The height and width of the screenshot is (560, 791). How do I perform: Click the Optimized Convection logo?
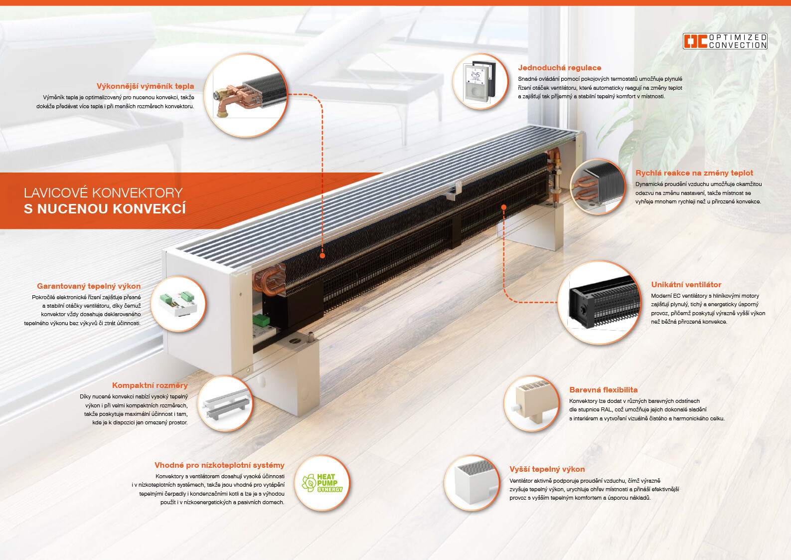(725, 41)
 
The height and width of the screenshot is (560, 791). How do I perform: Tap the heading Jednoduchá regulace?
(559, 68)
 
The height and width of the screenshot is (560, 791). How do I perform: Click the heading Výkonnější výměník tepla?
(145, 86)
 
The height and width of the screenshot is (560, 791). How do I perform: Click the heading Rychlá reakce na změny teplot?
(694, 173)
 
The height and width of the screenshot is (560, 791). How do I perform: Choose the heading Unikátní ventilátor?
(686, 285)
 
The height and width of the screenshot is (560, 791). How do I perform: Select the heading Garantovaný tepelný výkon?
(89, 286)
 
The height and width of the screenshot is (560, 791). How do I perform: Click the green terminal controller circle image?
(178, 304)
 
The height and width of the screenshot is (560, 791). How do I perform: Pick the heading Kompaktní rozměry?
(150, 385)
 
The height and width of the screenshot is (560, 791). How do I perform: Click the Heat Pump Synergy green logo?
(322, 483)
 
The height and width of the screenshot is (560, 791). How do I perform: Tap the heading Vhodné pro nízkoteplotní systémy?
(219, 465)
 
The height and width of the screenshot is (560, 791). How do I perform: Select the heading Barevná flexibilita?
(603, 390)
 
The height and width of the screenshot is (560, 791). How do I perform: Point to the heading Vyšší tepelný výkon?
(547, 469)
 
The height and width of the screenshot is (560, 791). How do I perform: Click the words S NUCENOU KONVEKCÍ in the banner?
(105, 209)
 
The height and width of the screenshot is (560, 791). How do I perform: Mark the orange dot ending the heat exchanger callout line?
(322, 255)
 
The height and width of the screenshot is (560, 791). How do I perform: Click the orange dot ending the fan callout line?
(504, 207)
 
